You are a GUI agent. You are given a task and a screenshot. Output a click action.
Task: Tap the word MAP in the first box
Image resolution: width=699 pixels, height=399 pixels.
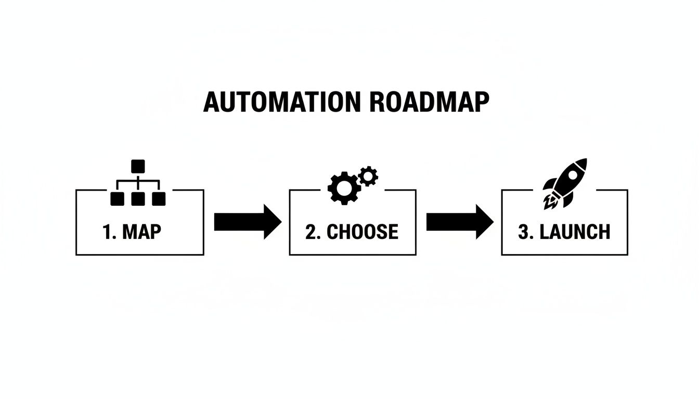coord(141,232)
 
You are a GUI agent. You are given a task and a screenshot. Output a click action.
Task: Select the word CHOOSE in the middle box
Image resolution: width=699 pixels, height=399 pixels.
coord(362,232)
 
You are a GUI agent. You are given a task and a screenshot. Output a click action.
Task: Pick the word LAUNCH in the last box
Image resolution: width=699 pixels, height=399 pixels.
coord(575,232)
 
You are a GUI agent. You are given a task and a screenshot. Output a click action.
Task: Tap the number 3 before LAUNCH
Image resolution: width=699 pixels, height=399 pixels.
coord(524,232)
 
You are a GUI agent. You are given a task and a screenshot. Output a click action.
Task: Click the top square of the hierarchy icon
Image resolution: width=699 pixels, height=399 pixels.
coord(138,166)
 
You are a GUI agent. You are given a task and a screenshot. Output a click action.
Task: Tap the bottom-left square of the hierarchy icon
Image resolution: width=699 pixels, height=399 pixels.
coord(118,198)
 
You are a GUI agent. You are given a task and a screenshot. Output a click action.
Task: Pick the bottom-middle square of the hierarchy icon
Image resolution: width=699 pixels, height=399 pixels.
coord(138,198)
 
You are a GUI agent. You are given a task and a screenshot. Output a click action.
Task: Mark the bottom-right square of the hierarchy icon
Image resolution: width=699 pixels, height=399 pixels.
coord(158,198)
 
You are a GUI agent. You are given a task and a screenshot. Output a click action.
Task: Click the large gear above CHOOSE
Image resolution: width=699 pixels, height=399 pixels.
coord(344,188)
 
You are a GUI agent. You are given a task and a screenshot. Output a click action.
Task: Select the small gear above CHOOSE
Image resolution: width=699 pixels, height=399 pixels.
coord(368,176)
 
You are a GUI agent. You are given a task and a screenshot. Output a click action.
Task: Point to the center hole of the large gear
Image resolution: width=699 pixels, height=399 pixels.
coord(344,188)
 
